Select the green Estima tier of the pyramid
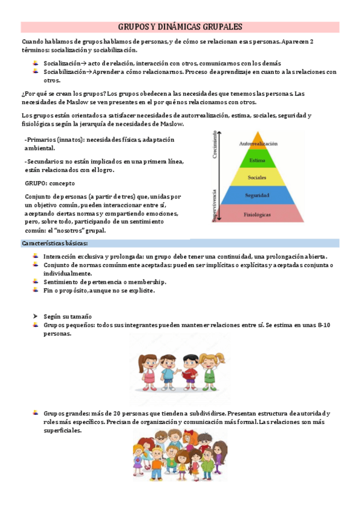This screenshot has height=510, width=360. click(258, 160)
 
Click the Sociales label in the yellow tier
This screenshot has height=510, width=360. click(258, 178)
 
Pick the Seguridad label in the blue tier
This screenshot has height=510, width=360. click(257, 196)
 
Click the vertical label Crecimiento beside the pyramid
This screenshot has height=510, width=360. click(214, 147)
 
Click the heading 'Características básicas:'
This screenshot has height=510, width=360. click(55, 244)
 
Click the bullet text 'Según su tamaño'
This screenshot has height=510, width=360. click(67, 316)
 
